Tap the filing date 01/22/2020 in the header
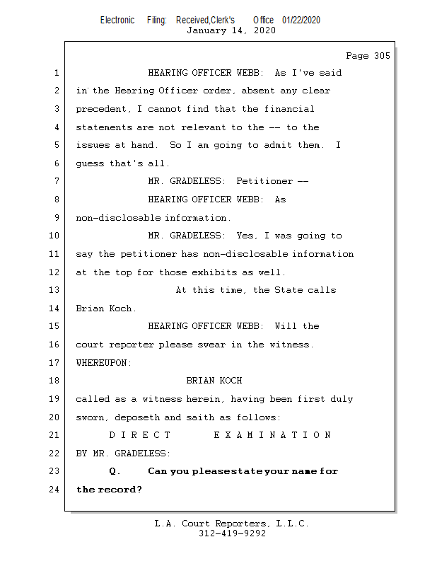click(x=301, y=20)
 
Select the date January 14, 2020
click(x=231, y=30)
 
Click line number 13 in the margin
click(x=55, y=290)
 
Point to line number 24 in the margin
click(x=55, y=490)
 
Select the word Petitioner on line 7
click(x=264, y=181)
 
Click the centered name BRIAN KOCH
click(x=214, y=381)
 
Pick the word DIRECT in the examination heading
click(x=140, y=435)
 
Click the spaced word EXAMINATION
click(x=272, y=435)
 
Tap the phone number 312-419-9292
click(x=232, y=533)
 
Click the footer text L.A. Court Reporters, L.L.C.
click(x=231, y=524)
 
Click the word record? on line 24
click(x=120, y=490)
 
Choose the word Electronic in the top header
click(x=117, y=20)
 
